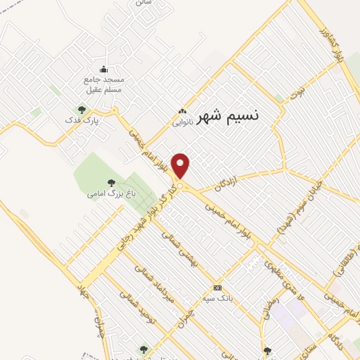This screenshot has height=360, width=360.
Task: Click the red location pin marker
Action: (181, 165)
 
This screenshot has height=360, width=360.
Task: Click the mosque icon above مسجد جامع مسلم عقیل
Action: (104, 69)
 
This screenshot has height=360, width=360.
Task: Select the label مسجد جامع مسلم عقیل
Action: (104, 84)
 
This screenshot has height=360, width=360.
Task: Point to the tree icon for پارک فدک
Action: (82, 110)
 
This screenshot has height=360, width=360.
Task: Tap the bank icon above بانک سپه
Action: (217, 288)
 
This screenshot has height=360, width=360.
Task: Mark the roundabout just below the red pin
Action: (181, 186)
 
